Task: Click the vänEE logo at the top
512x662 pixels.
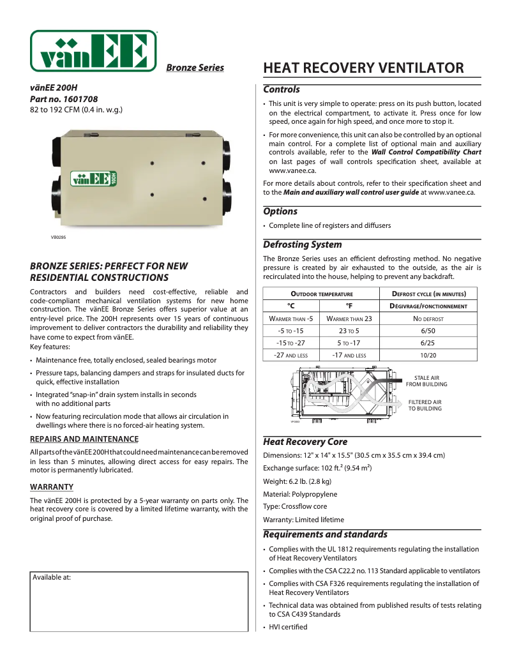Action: coord(93,50)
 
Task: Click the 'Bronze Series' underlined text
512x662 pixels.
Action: coord(195,68)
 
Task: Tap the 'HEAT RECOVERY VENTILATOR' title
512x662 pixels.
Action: coord(363,68)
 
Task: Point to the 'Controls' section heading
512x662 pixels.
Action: coord(282,90)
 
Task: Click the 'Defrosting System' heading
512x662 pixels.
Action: coord(302,244)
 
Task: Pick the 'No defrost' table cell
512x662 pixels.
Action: coord(428,319)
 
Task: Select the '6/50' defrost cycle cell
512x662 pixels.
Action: coord(428,331)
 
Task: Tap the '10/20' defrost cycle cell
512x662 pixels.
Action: coord(428,355)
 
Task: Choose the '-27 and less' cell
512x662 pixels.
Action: coord(290,355)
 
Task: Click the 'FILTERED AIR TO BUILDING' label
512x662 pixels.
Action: coord(425,405)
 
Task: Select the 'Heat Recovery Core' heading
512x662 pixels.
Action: coord(305,442)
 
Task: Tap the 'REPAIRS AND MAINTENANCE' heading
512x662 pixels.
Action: coord(84,439)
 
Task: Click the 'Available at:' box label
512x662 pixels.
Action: coord(52,577)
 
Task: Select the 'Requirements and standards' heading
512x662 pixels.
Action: coord(325,534)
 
